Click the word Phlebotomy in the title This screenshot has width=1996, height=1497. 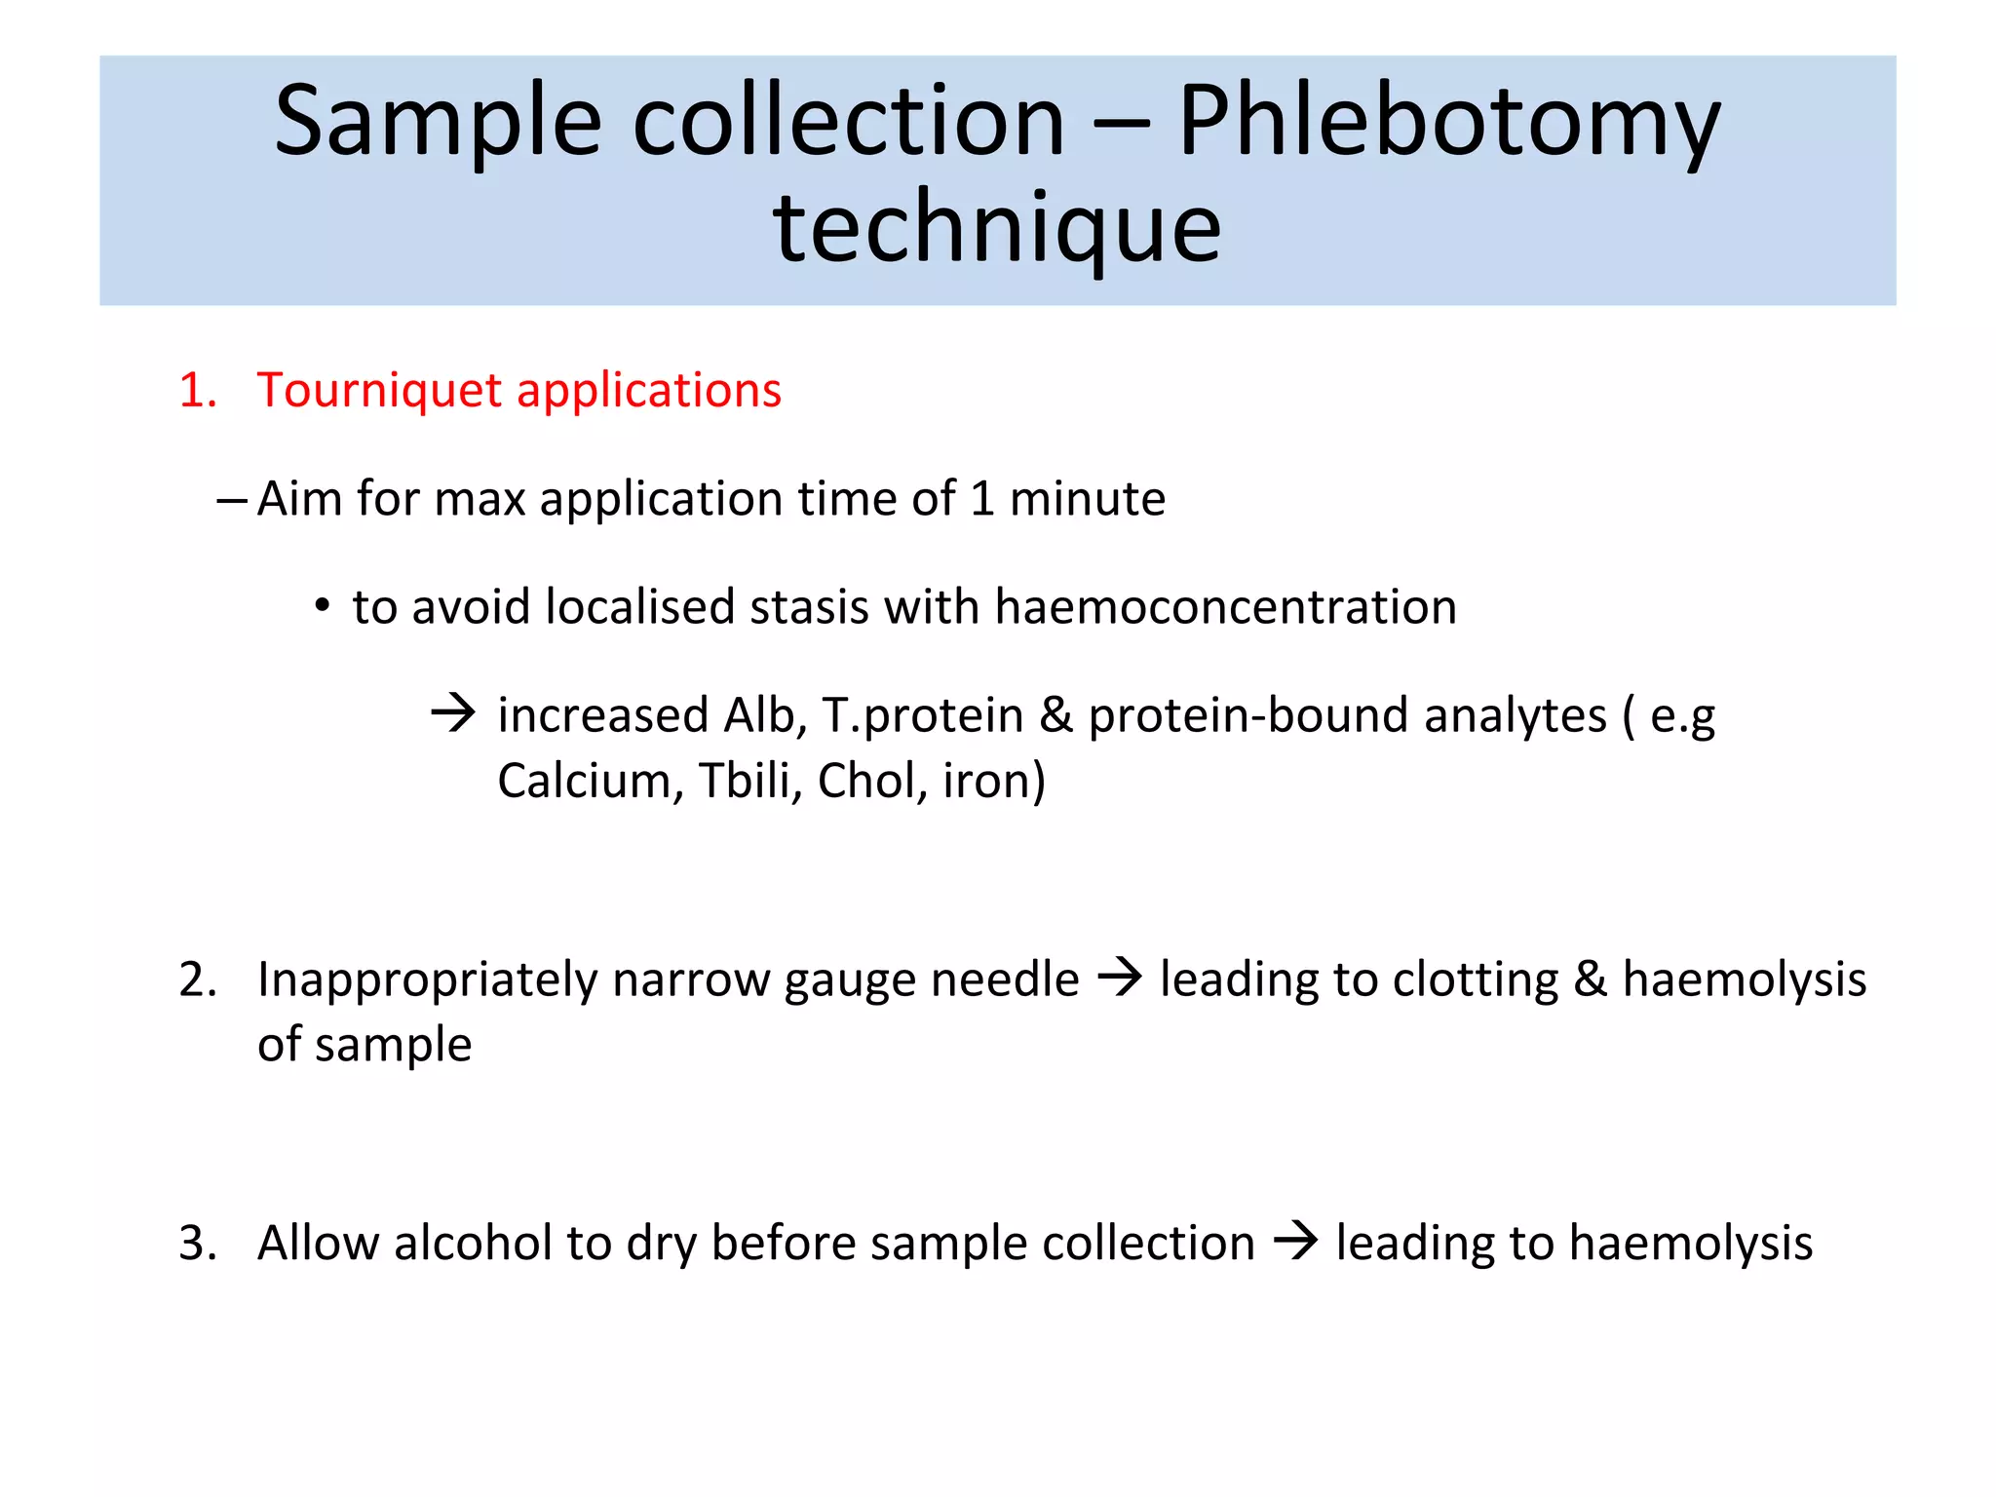pyautogui.click(x=1448, y=123)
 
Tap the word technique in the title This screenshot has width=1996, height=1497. pyautogui.click(x=997, y=229)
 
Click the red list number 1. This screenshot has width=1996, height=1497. pyautogui.click(x=196, y=391)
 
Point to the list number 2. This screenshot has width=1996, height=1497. pyautogui.click(x=196, y=979)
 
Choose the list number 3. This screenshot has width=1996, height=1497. pyautogui.click(x=196, y=1244)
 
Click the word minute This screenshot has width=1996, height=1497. pyautogui.click(x=1087, y=499)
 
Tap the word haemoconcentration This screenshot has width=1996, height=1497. pyautogui.click(x=1225, y=607)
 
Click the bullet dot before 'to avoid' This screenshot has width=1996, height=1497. pyautogui.click(x=322, y=606)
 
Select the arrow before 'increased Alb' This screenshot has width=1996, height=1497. pyautogui.click(x=453, y=714)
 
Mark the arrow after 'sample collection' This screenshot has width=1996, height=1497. pyautogui.click(x=1295, y=1242)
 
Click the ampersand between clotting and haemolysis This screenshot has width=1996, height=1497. pyautogui.click(x=1590, y=979)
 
